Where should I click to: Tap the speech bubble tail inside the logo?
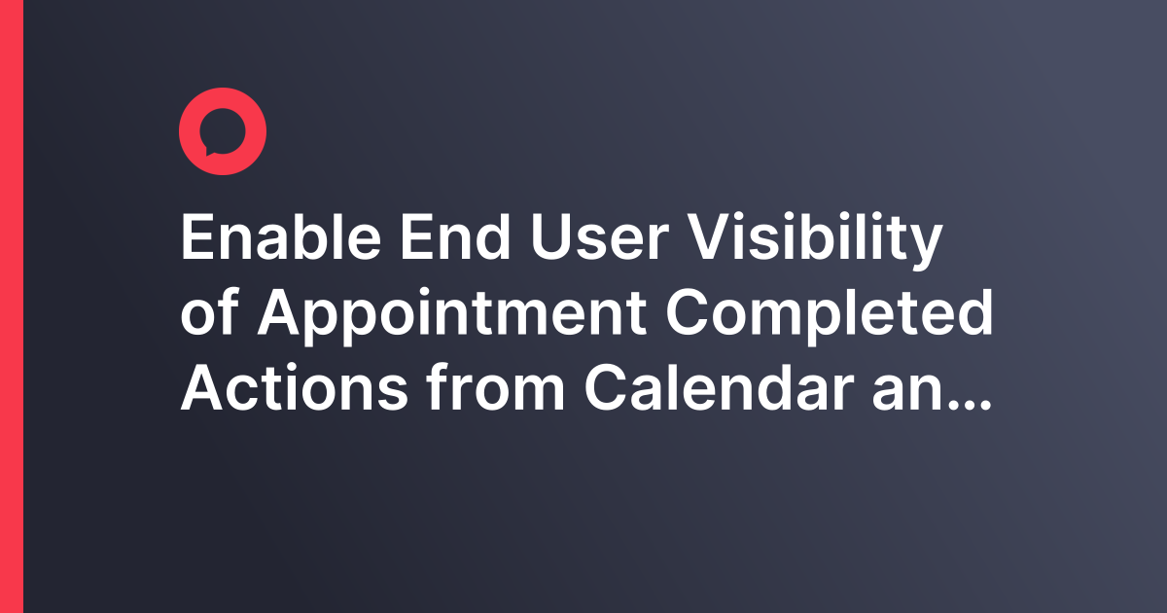207,150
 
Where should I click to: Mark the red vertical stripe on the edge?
11,306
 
